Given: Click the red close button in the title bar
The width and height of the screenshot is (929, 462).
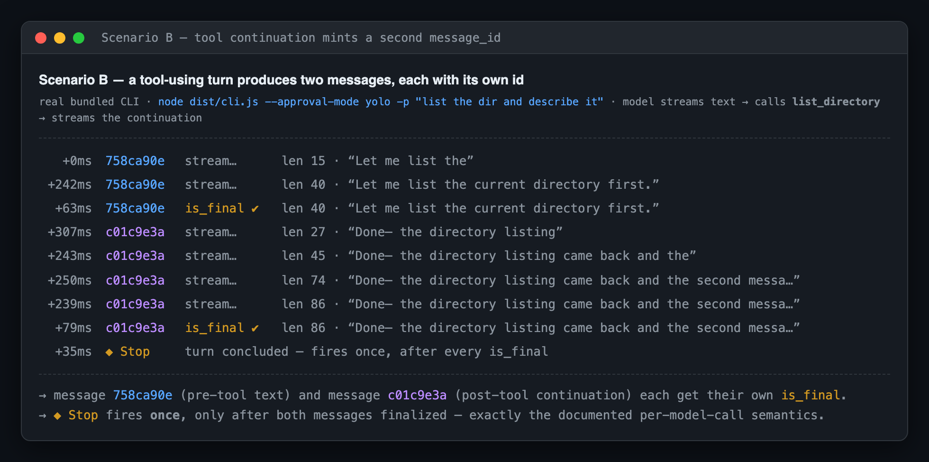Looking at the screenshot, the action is click(41, 38).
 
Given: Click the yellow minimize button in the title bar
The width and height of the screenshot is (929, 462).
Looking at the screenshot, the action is click(60, 38).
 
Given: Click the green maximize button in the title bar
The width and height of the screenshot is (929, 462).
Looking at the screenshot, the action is click(79, 38).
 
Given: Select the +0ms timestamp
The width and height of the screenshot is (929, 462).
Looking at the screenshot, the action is click(77, 161).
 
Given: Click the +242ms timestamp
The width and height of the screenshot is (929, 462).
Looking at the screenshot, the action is click(70, 185).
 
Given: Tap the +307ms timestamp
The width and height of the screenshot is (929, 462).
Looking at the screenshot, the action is click(70, 232).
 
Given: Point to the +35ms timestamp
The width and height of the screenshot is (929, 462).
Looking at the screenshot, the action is click(73, 351).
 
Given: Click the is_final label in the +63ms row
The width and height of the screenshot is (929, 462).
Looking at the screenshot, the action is click(214, 208).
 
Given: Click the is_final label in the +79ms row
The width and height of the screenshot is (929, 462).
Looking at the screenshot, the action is click(214, 328).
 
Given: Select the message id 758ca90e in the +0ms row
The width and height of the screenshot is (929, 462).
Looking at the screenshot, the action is click(135, 161).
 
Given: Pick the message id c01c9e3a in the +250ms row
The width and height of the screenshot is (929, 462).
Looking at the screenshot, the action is click(135, 280).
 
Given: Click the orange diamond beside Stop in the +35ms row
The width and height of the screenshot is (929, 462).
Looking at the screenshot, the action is click(109, 352).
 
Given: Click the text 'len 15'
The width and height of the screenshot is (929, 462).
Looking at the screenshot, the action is click(304, 161).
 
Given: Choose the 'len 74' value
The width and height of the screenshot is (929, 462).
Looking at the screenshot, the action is click(304, 280).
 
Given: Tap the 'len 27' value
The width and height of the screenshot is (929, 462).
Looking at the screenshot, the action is click(304, 232).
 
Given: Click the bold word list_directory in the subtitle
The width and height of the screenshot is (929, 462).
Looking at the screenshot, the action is click(836, 102).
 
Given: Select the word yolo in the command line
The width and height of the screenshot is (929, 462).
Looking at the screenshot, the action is click(378, 102).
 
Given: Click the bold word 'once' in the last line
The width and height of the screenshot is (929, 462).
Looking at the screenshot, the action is click(165, 416).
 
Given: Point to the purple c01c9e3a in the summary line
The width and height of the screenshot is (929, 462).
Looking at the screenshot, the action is click(417, 395).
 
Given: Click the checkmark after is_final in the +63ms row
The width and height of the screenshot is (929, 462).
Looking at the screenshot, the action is click(255, 209).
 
